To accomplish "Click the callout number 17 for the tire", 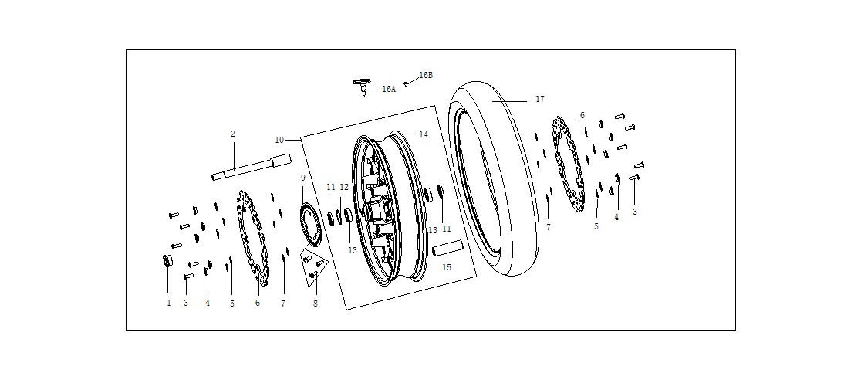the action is [x=540, y=100].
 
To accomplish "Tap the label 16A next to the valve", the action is [x=389, y=89].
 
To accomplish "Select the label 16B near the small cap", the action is [x=426, y=76].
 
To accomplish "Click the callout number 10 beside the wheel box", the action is [x=279, y=141].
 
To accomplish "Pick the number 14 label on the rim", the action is [x=424, y=134].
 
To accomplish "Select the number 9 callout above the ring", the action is [x=302, y=178].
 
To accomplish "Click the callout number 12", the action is [x=344, y=188].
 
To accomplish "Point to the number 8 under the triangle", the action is [x=316, y=303].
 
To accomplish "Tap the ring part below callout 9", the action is [x=309, y=225].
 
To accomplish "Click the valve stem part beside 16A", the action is [x=362, y=87].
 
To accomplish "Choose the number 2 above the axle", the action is [x=233, y=134].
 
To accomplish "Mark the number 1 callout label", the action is [x=169, y=303].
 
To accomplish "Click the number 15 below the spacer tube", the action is [x=447, y=267].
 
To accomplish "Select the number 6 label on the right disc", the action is [x=582, y=116].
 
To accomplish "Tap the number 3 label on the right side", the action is [x=635, y=212].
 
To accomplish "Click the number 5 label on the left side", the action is [x=231, y=304].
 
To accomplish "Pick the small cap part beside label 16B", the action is [x=406, y=83].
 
